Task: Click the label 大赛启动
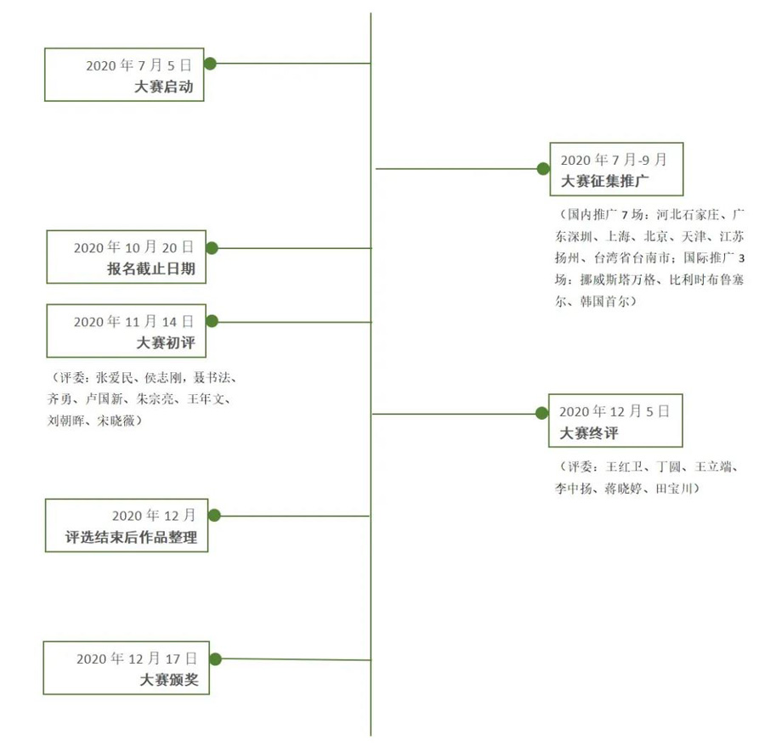click(x=164, y=87)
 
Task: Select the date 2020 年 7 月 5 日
click(x=139, y=65)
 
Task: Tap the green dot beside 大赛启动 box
click(x=210, y=64)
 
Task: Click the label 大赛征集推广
click(x=605, y=181)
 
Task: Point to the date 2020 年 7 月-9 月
click(x=614, y=160)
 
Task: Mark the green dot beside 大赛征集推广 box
click(x=543, y=169)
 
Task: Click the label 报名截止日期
click(x=151, y=268)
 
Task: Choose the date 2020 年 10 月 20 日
click(x=133, y=247)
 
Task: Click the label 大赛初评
click(x=166, y=342)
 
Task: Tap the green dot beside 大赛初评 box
click(x=212, y=321)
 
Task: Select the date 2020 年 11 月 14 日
click(x=133, y=322)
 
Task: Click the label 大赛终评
click(x=589, y=433)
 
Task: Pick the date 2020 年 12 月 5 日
click(x=615, y=411)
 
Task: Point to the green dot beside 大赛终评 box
click(x=541, y=413)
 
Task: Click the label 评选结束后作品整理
click(x=131, y=537)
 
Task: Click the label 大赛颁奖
click(x=169, y=680)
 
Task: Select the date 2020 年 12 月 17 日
click(x=137, y=658)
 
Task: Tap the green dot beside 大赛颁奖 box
click(x=215, y=659)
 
